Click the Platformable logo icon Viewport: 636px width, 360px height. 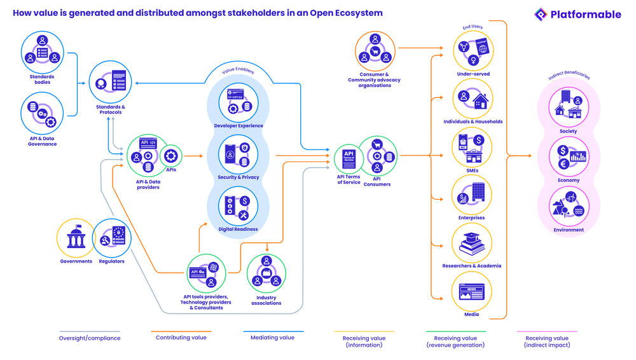pos(541,14)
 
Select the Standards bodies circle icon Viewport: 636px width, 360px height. pos(43,52)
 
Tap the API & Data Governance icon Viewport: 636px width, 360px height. pos(43,113)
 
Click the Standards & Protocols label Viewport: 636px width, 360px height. pos(111,110)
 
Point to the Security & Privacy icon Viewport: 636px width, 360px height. pos(238,154)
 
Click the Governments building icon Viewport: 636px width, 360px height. pos(76,238)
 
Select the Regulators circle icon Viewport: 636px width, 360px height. pos(112,238)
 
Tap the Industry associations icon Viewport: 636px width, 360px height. pos(266,273)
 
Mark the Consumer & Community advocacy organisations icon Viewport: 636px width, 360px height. pos(375,52)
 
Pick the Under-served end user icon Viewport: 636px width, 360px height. pos(473,51)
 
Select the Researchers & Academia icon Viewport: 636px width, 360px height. pos(472,243)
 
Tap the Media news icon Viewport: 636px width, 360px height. pos(472,292)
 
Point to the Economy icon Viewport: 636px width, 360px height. pos(569,156)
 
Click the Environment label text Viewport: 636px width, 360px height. pos(569,230)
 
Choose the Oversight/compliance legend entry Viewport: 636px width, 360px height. pos(90,338)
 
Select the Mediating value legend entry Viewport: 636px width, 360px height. pos(272,337)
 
